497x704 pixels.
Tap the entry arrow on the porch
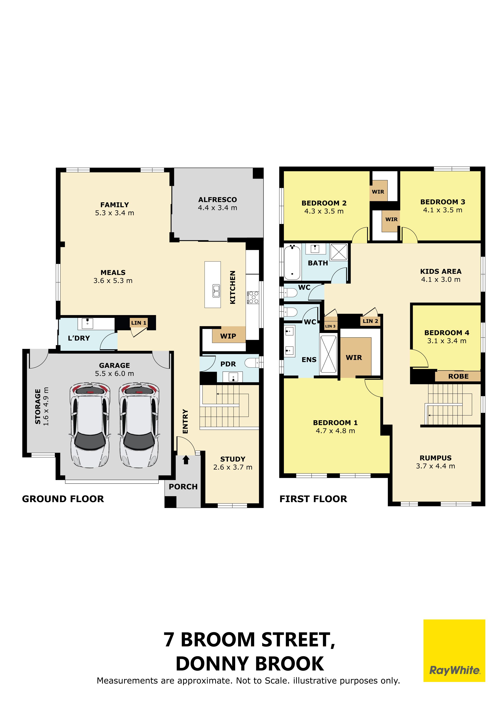pos(186,460)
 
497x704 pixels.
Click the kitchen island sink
pos(216,291)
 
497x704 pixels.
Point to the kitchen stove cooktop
pos(253,297)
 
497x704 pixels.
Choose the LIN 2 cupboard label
pos(370,321)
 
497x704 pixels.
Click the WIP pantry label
pos(228,336)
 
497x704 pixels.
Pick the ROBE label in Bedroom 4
pos(459,376)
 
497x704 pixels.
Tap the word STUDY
pos(233,459)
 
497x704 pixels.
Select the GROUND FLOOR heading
pos(63,499)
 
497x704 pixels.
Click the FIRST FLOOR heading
pos(313,499)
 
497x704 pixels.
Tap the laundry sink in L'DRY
pos(88,324)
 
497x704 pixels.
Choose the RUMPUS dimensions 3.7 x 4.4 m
pos(435,466)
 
